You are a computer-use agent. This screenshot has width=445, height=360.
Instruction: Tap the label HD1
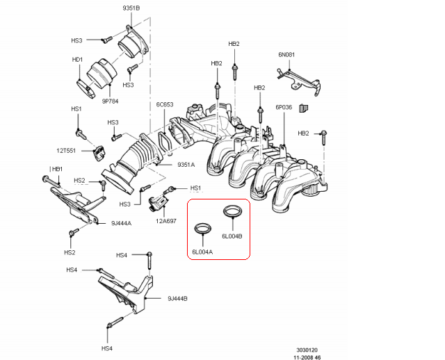click(x=77, y=60)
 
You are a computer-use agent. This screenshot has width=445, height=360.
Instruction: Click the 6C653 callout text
click(x=165, y=105)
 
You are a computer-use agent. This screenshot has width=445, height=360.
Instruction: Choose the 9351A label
click(x=186, y=165)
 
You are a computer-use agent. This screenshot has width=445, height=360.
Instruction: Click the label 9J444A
click(x=121, y=223)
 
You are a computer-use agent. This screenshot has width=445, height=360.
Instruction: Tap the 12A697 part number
click(x=166, y=221)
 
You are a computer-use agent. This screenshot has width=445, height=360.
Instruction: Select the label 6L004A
click(x=202, y=251)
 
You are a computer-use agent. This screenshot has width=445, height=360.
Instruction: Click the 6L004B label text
click(x=232, y=236)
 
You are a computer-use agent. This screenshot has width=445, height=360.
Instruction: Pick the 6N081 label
click(x=287, y=54)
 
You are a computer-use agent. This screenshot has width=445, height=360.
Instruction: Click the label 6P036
click(x=284, y=107)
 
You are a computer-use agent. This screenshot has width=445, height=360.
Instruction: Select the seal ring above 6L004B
click(x=232, y=211)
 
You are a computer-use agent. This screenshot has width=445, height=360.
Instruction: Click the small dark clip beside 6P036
click(x=304, y=108)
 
